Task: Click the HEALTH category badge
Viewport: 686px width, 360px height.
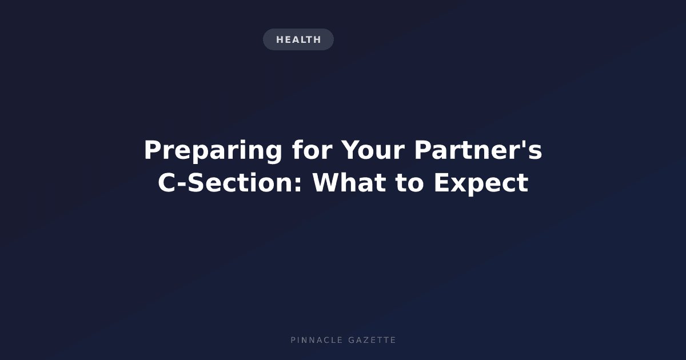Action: coord(298,39)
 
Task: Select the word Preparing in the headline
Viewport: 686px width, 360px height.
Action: coord(213,151)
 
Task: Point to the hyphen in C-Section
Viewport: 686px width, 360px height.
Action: coord(182,184)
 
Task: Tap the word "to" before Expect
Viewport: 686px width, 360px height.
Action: coord(409,183)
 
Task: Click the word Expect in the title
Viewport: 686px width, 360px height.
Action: coord(481,183)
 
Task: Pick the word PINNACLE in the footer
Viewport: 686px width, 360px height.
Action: coord(316,340)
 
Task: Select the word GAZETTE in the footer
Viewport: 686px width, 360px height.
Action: coord(372,340)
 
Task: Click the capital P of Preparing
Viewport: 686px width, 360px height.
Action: coord(153,150)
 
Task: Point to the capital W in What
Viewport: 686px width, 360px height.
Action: coord(326,182)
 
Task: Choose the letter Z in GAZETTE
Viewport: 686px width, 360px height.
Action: coord(366,340)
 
